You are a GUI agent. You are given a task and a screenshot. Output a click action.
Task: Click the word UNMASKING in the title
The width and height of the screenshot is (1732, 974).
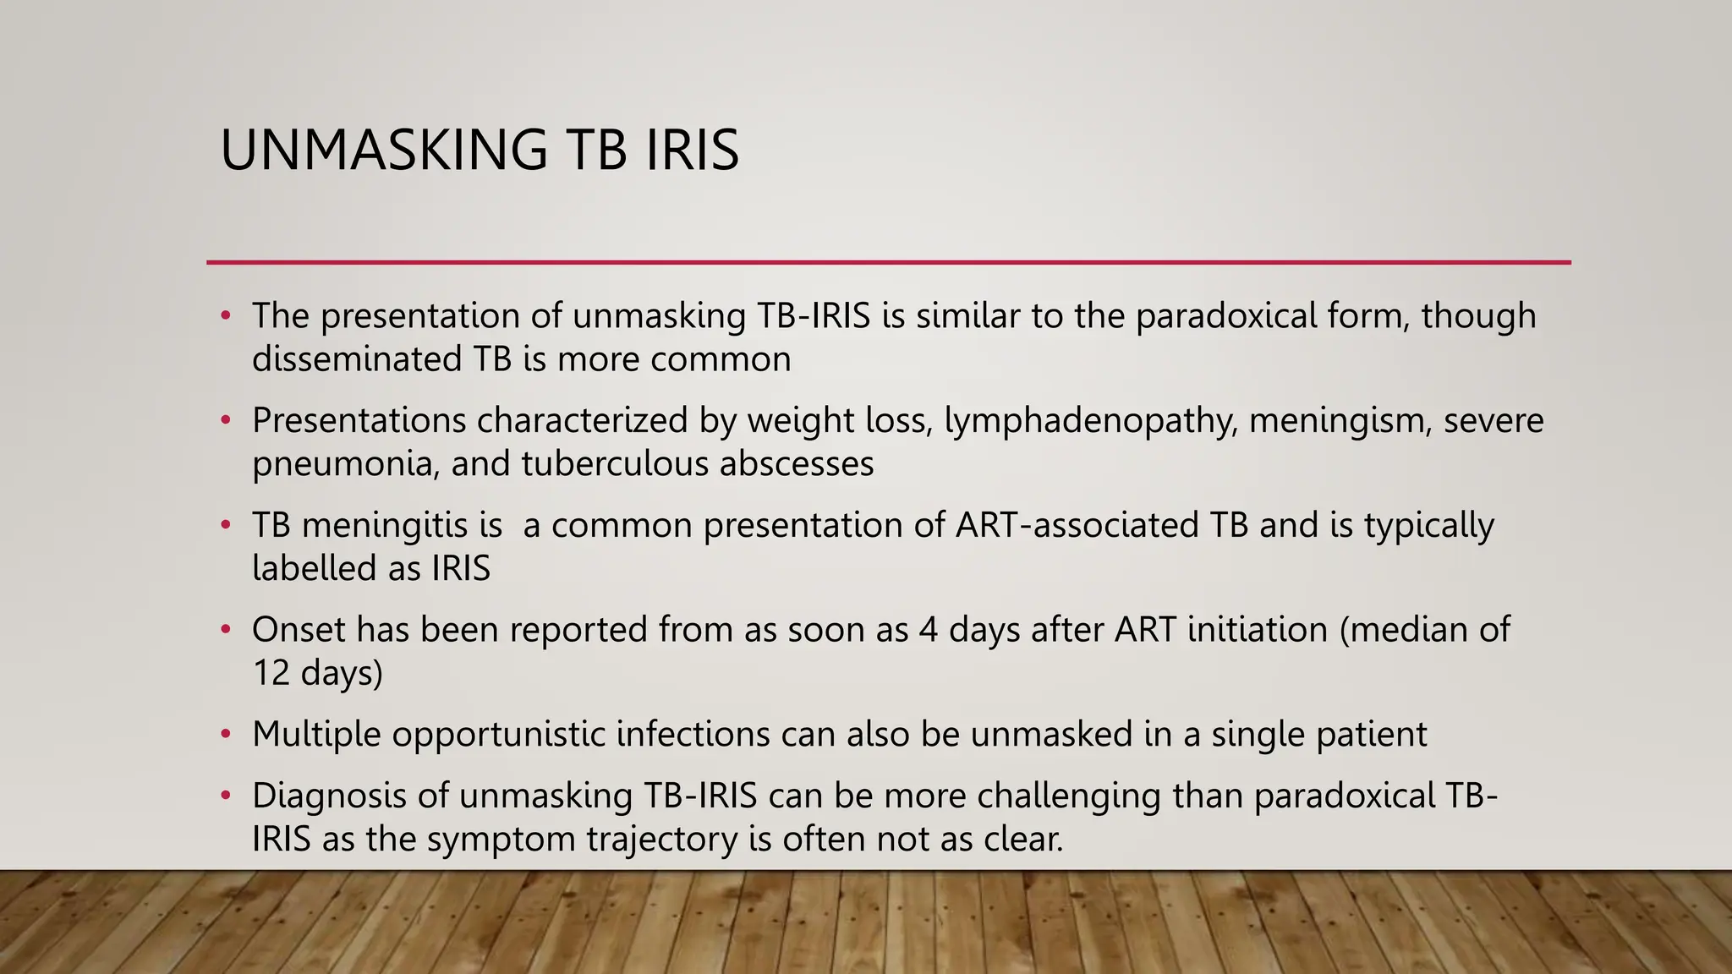tap(384, 150)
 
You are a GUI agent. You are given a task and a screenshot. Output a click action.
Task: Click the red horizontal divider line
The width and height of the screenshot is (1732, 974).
tap(888, 263)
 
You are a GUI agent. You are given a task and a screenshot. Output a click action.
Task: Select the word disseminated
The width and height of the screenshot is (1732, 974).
tap(356, 358)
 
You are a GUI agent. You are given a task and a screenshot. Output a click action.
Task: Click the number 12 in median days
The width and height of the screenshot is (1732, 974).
tap(271, 674)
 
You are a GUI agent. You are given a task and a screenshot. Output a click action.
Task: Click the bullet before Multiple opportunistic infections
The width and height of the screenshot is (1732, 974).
tap(225, 734)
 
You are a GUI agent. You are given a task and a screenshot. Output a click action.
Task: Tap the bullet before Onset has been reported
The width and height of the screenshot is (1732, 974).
tap(225, 630)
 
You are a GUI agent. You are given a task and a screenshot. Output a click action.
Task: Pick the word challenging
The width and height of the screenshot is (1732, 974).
tap(1069, 796)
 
